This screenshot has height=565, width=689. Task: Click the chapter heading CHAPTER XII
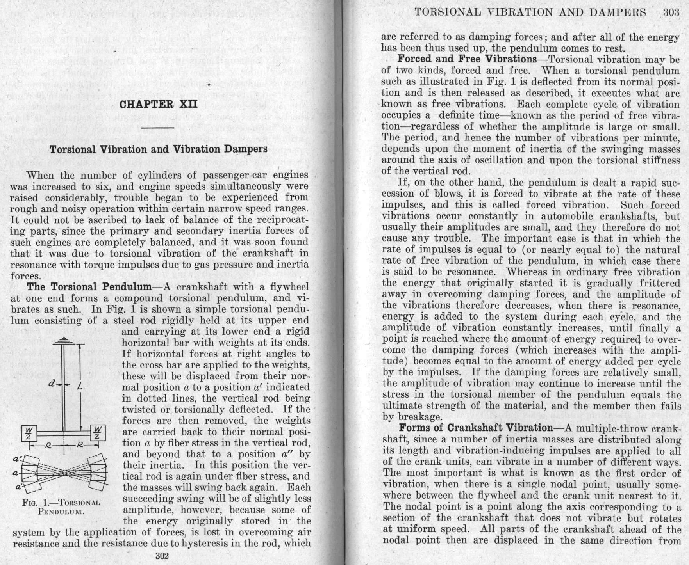[158, 105]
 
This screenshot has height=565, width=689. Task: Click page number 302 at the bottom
[162, 556]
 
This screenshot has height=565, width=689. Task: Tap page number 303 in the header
[671, 12]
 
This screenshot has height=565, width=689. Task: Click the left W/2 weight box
[29, 433]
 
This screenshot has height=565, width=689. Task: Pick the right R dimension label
[79, 445]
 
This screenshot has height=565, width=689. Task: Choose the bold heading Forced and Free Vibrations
[467, 59]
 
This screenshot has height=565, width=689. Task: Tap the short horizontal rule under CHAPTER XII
[158, 128]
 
